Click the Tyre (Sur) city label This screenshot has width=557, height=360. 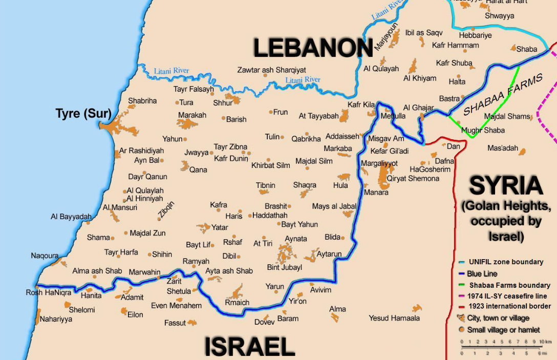click(83, 114)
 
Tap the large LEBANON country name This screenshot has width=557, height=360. click(313, 49)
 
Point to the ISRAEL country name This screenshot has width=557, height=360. click(250, 347)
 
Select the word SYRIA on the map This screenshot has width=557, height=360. click(506, 186)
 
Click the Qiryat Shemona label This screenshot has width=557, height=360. click(413, 178)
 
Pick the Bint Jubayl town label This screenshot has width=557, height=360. click(285, 267)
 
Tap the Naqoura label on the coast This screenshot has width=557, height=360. click(45, 256)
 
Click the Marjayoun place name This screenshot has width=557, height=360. click(379, 36)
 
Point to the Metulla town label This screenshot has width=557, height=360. click(393, 116)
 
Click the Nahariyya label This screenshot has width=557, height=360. click(56, 319)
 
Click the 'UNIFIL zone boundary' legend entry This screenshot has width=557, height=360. click(506, 262)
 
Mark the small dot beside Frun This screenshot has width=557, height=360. click(271, 112)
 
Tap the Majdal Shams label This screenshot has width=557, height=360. click(507, 116)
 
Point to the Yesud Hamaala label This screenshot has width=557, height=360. click(394, 318)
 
